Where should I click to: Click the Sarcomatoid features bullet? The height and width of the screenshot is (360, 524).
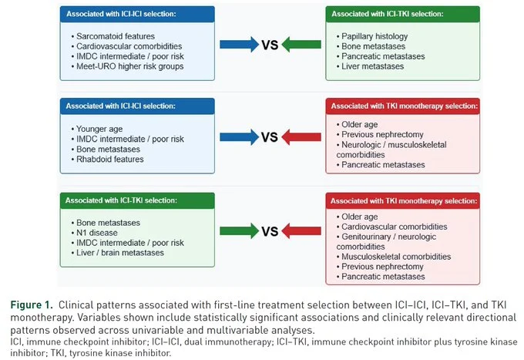pos(113,36)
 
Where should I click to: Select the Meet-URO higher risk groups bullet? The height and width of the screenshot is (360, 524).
pos(127,66)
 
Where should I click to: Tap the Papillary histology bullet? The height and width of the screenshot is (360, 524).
pos(372,36)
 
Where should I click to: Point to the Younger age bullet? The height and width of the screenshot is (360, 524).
pos(97,129)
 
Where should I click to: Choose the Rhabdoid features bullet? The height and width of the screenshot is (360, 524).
pos(107,159)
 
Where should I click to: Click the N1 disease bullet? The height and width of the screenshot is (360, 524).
pos(94,233)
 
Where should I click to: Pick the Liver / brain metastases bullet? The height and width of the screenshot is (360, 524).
pos(118,253)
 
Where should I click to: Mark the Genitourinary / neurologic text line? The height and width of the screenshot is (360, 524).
pos(386,237)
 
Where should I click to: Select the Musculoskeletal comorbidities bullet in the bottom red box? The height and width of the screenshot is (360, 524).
pos(394,257)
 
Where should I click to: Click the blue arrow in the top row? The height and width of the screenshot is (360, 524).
pos(240,45)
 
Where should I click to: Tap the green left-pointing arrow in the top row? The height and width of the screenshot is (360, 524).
pos(301,45)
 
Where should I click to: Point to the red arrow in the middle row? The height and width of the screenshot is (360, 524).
pos(301,136)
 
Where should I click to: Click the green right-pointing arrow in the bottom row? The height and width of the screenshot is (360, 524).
pos(240,231)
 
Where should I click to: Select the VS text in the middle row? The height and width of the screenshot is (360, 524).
pos(270,137)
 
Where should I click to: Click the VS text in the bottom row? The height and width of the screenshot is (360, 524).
pos(270,231)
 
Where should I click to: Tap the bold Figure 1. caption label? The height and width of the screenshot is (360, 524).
pos(32,304)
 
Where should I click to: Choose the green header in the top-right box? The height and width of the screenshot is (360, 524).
pos(403,14)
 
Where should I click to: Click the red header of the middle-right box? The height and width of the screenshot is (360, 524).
pos(403,106)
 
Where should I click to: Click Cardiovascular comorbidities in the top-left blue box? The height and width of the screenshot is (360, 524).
pos(126,46)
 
